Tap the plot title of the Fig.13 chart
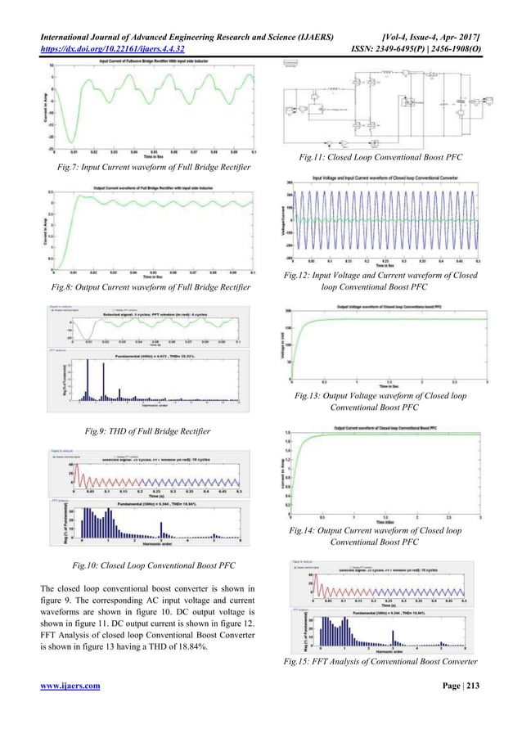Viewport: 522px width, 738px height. point(385,307)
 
